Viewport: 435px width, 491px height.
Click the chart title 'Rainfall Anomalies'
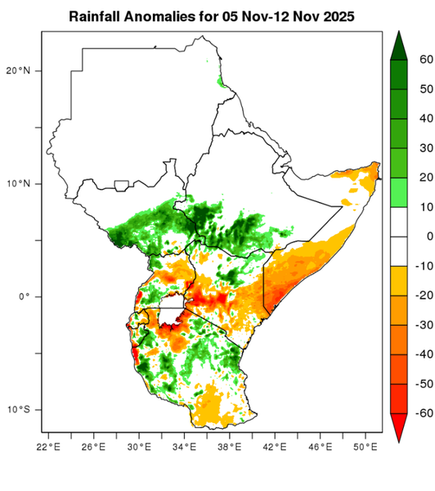coord(131,16)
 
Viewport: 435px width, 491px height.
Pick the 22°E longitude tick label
coord(49,447)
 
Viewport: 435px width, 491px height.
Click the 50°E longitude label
coord(365,447)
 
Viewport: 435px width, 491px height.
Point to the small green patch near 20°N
coord(220,81)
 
